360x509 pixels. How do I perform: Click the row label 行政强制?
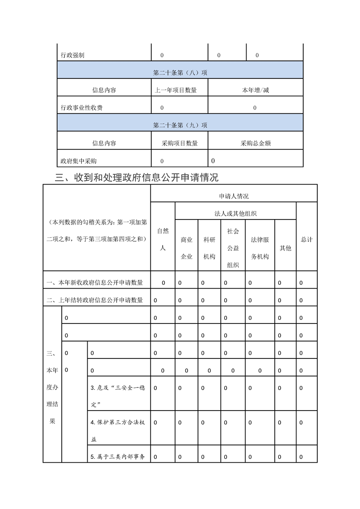(73, 55)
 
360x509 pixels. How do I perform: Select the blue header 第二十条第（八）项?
(180, 73)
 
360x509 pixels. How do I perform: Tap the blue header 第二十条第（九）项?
(180, 125)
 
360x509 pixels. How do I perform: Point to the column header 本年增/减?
(256, 90)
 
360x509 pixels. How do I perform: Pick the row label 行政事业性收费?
(82, 108)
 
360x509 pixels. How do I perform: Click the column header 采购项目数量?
(180, 143)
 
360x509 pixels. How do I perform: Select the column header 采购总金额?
(256, 143)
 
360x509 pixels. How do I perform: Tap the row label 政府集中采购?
(79, 161)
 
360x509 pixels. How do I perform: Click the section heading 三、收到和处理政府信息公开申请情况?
(137, 177)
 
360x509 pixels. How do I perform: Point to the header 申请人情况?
(234, 196)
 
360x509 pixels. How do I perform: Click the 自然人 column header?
(163, 240)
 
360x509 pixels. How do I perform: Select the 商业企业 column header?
(187, 248)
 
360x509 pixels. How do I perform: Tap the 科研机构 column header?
(209, 248)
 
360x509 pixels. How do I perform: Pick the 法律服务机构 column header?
(260, 248)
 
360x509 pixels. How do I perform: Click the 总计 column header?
(307, 240)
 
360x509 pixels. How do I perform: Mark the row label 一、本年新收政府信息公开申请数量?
(95, 283)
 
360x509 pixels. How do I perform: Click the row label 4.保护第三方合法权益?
(118, 431)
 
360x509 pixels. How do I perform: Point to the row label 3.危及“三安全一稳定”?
(118, 396)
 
